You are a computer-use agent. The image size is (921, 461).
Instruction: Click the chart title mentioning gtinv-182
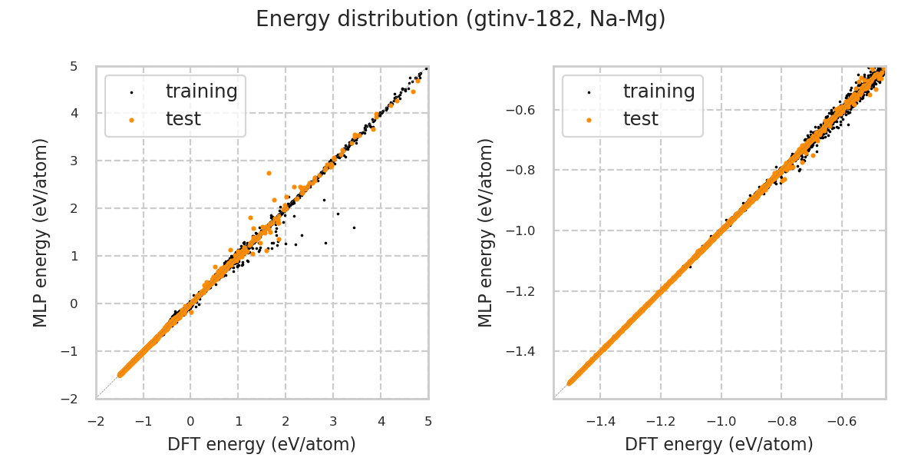[x=460, y=19]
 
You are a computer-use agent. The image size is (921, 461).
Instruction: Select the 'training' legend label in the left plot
[x=201, y=92]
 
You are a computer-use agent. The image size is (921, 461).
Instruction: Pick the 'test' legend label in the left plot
[x=183, y=119]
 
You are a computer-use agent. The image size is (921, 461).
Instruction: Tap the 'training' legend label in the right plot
[x=659, y=92]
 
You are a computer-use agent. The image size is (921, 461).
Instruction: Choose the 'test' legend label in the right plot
[x=640, y=119]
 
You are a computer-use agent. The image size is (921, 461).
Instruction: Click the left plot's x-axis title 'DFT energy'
[x=262, y=444]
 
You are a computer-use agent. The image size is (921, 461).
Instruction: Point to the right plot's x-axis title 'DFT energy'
[x=719, y=444]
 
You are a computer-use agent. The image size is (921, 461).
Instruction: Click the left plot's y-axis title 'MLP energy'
[x=41, y=232]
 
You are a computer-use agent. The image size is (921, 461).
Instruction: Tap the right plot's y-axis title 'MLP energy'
[x=486, y=232]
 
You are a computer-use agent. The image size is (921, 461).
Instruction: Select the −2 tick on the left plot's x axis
[x=96, y=421]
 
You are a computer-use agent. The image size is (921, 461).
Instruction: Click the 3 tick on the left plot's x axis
[x=333, y=421]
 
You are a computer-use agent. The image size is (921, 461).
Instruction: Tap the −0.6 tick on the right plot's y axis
[x=530, y=110]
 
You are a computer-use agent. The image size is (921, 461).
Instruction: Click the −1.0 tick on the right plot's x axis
[x=721, y=421]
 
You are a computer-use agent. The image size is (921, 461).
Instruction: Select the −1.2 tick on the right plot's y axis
[x=530, y=291]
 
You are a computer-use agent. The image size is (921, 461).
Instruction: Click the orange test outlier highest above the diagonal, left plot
[x=269, y=173]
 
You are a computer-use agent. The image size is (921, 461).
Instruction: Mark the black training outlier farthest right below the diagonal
[x=354, y=227]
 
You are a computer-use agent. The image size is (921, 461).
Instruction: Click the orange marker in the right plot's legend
[x=589, y=120]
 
